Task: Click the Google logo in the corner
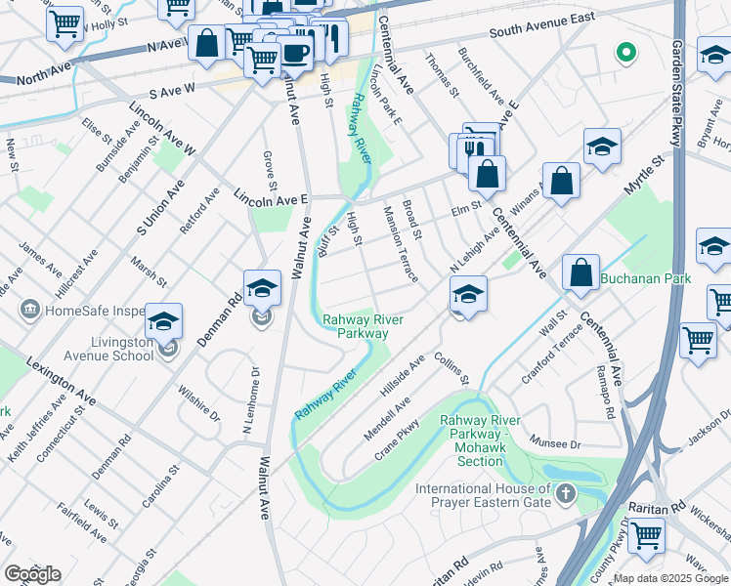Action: point(32,574)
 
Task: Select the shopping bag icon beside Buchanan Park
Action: point(580,273)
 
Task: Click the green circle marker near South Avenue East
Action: point(623,52)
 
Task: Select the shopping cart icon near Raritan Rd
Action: point(645,535)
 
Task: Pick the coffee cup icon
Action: point(295,53)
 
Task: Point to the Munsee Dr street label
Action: point(555,443)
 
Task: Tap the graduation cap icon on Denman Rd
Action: point(262,287)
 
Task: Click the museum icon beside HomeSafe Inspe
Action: point(28,310)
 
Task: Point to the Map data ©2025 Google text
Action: point(670,578)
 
